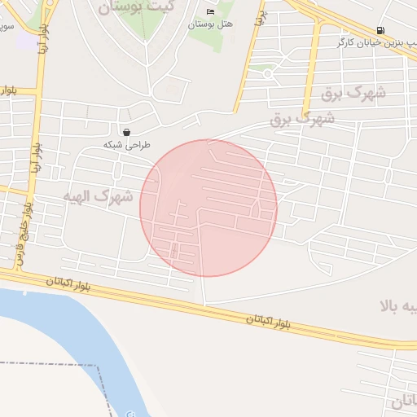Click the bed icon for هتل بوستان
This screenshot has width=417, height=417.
(x=211, y=11)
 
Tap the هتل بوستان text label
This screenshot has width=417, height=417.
(x=210, y=24)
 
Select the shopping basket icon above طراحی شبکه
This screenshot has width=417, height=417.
(x=126, y=132)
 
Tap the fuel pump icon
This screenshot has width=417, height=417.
(x=381, y=30)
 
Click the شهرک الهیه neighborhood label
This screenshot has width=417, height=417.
(x=97, y=195)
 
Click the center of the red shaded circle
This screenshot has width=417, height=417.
(x=208, y=208)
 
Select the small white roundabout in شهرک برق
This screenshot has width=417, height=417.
(x=268, y=74)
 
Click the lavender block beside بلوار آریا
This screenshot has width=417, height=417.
(x=27, y=41)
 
